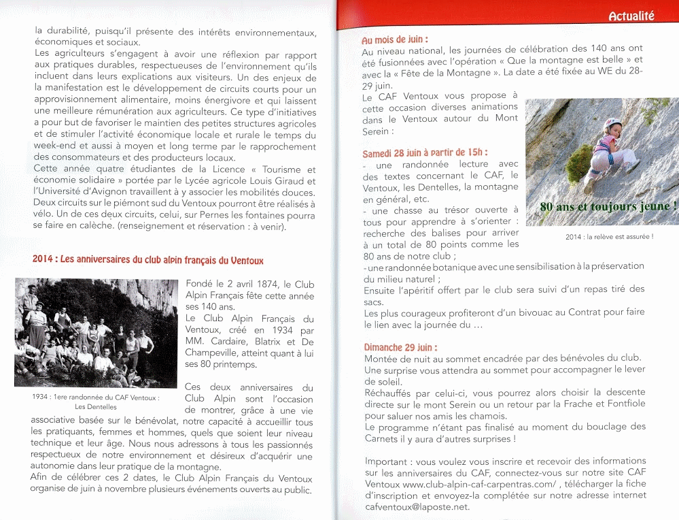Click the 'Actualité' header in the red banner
(631, 16)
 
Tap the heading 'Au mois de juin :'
(395, 40)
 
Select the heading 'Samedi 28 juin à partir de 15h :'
(425, 153)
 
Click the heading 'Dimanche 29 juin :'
(400, 347)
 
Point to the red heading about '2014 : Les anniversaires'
(148, 260)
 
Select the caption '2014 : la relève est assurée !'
(609, 237)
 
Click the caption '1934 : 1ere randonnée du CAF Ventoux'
(96, 397)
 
